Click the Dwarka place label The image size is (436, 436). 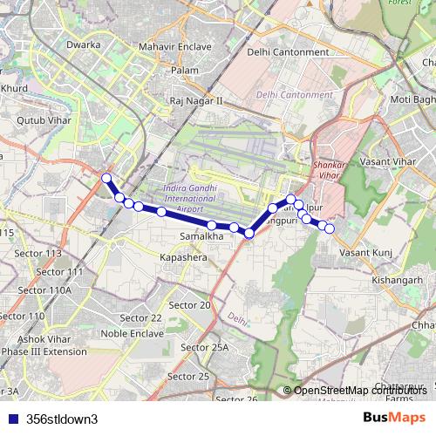[x=83, y=44]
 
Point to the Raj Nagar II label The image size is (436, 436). [x=196, y=101]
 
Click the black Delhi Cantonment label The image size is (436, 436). [x=288, y=52]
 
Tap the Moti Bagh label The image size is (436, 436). [x=412, y=99]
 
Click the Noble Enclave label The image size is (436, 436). [x=133, y=333]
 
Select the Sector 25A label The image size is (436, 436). [x=203, y=348]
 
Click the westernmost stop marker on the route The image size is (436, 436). [x=107, y=178]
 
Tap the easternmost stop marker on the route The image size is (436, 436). [x=330, y=228]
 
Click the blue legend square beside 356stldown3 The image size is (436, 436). [x=10, y=419]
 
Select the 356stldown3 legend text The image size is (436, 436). [x=62, y=419]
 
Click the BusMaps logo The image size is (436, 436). [x=394, y=418]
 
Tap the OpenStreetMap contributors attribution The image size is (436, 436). [x=358, y=391]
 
